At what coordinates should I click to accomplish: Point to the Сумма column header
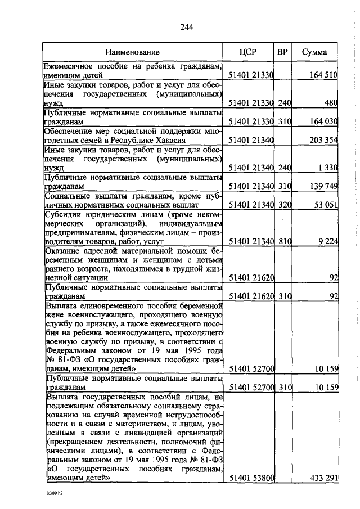coord(315,52)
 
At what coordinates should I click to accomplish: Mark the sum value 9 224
coord(328,241)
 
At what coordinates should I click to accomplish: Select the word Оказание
coord(62,250)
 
